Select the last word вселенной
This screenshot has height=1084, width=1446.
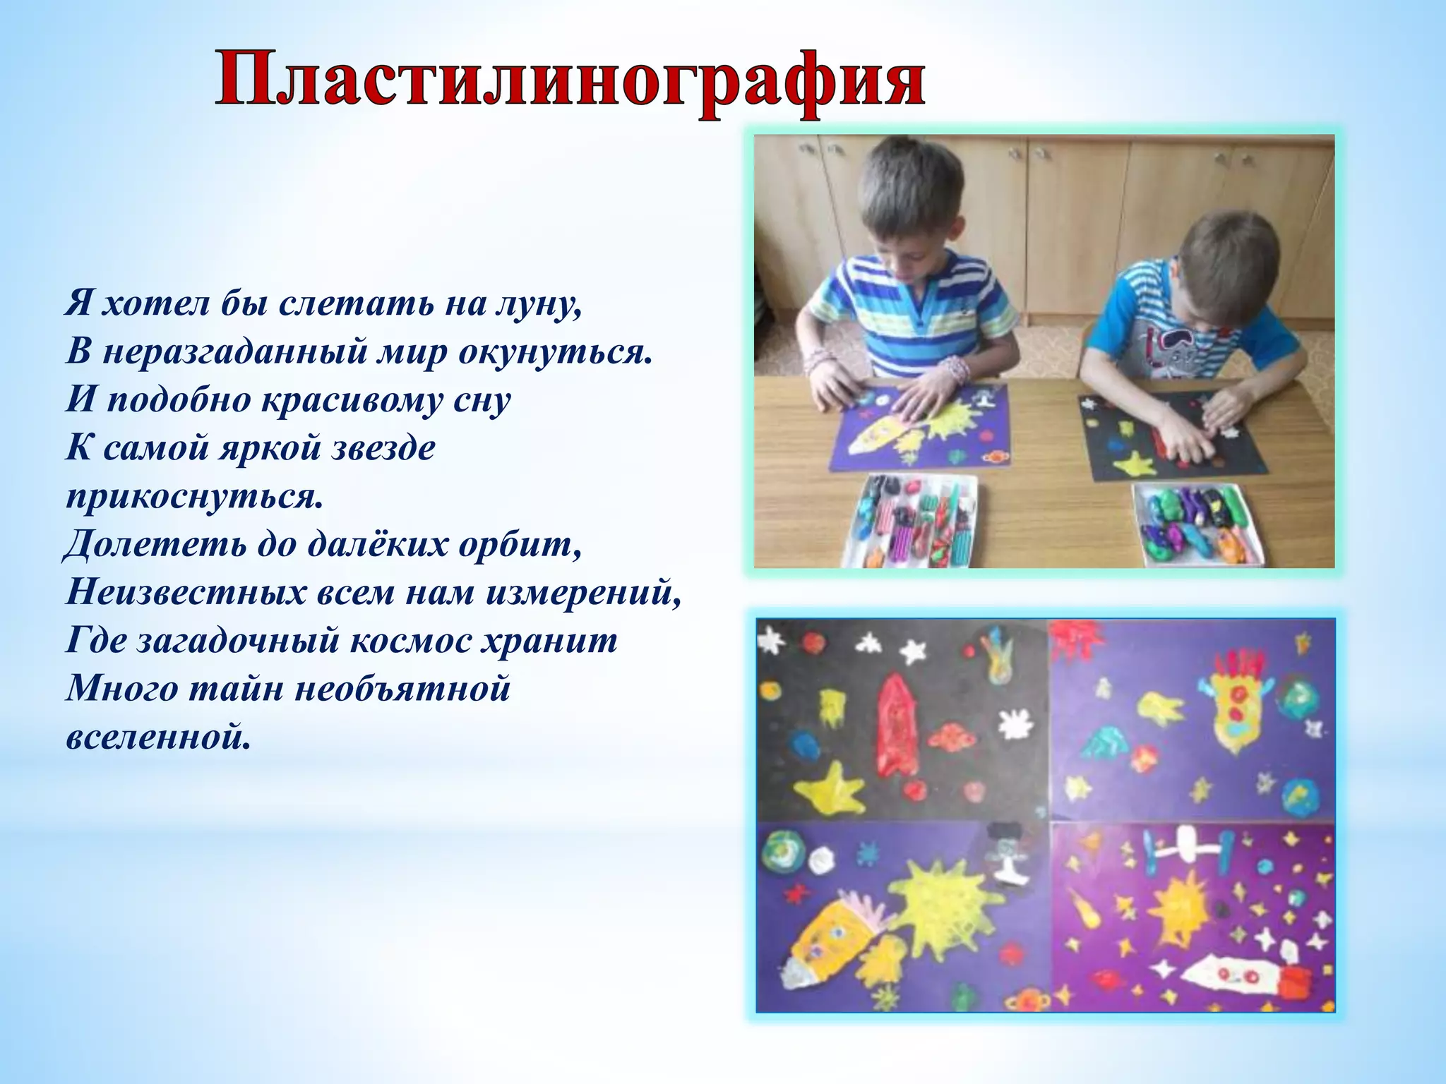157,737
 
